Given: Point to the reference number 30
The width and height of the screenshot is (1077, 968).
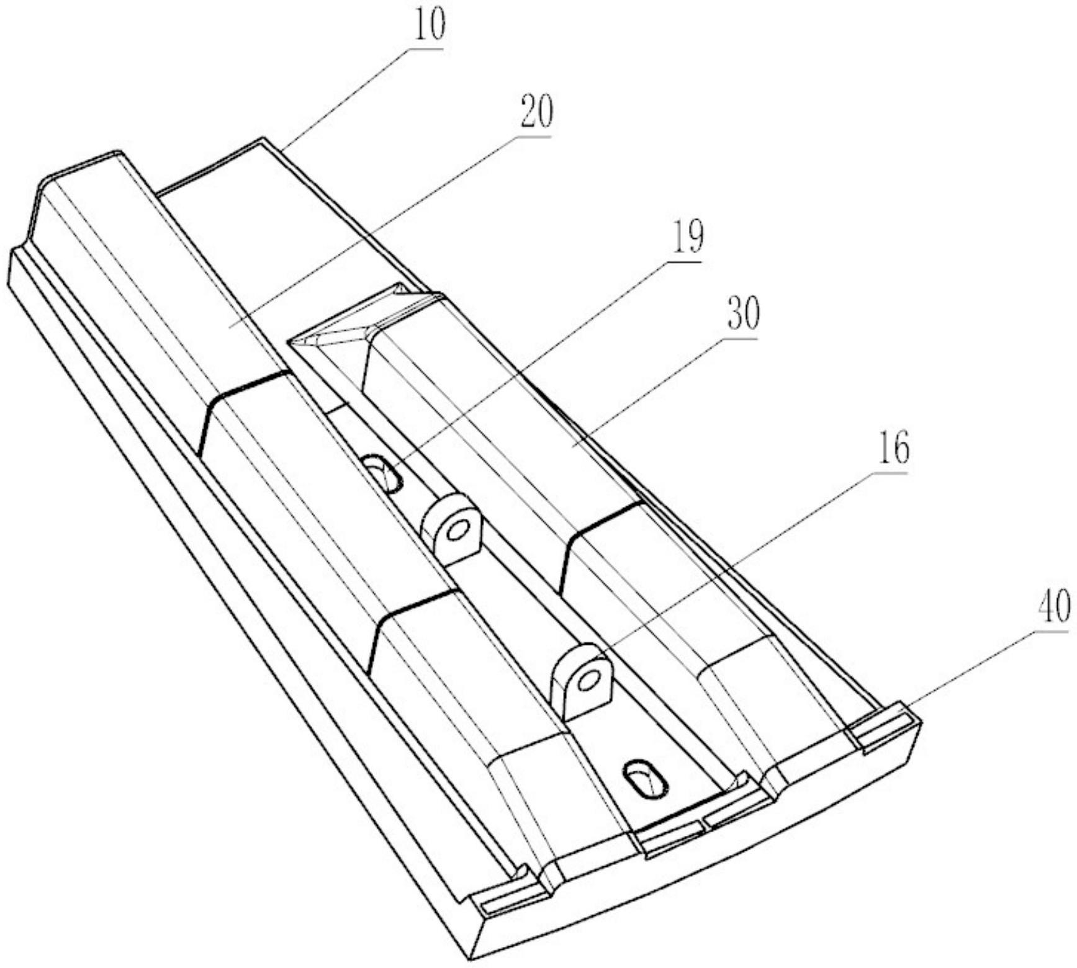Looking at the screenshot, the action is point(742,315).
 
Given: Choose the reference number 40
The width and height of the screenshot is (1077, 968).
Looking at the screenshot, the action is point(1053,606).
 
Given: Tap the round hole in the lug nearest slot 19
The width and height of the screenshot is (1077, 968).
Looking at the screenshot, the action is point(457,531).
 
